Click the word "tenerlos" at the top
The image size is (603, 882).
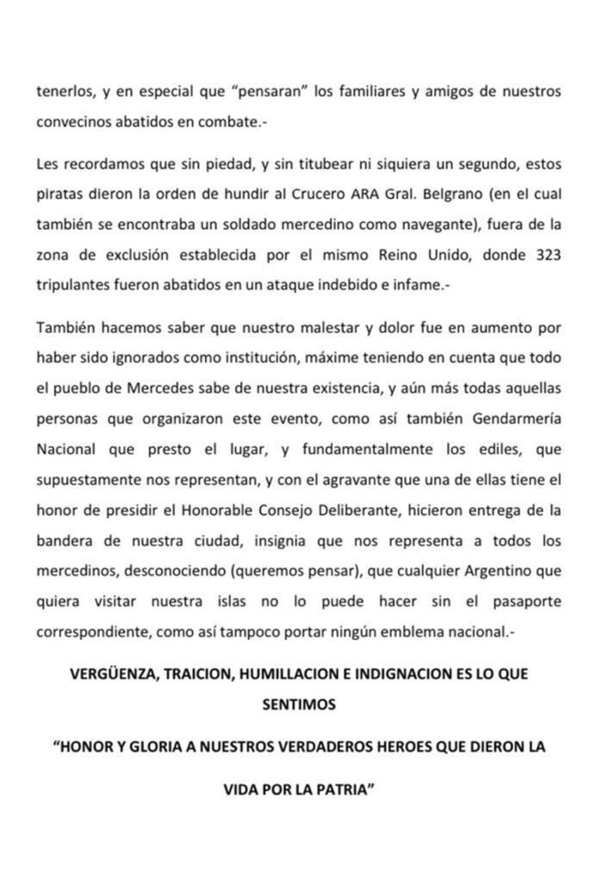pyautogui.click(x=62, y=92)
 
